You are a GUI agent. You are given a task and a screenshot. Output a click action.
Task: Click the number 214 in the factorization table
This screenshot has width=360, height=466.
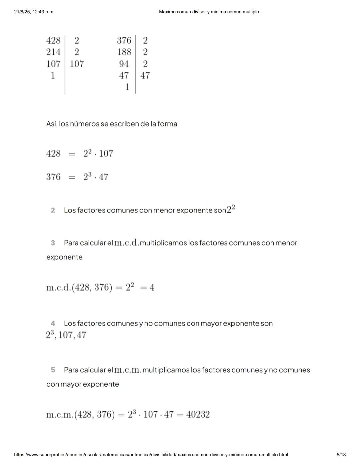tap(53, 52)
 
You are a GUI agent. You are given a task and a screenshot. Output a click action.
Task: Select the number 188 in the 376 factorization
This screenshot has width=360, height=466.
tap(124, 52)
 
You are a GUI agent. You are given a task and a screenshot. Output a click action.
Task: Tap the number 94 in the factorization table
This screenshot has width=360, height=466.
tap(124, 64)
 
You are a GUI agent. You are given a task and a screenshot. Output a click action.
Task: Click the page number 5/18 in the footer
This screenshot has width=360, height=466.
tap(341, 455)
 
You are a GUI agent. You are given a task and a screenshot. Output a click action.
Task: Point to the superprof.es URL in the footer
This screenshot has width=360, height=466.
tap(151, 455)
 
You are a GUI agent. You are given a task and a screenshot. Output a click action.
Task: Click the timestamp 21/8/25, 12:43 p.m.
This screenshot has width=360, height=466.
tap(34, 12)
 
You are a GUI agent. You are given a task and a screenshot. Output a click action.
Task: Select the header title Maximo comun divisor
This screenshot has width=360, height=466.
tap(209, 12)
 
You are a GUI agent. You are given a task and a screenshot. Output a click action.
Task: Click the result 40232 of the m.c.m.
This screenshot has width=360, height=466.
tap(198, 415)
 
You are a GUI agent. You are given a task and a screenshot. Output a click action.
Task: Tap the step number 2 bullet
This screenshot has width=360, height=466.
tap(53, 210)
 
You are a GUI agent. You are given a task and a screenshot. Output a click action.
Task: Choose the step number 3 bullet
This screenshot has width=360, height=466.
tap(53, 243)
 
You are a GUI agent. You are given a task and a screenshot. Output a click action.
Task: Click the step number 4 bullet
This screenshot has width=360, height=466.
tap(53, 324)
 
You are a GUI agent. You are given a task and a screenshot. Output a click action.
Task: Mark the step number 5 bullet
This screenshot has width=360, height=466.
tap(53, 370)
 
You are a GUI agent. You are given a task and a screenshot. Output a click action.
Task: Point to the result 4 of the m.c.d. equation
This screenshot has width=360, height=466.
tap(152, 288)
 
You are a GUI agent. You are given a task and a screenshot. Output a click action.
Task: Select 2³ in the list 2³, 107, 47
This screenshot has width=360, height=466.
tap(50, 335)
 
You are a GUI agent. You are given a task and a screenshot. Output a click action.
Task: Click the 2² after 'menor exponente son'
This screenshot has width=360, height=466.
tap(231, 209)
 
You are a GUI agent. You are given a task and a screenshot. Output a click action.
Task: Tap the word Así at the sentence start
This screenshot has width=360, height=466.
tap(51, 124)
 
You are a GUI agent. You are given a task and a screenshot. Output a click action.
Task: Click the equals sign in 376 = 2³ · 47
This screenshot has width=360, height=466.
tap(72, 177)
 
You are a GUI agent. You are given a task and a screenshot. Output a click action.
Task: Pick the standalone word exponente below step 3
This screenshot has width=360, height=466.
tap(64, 257)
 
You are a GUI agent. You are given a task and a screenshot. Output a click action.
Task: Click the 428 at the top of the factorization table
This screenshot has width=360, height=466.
tap(53, 40)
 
